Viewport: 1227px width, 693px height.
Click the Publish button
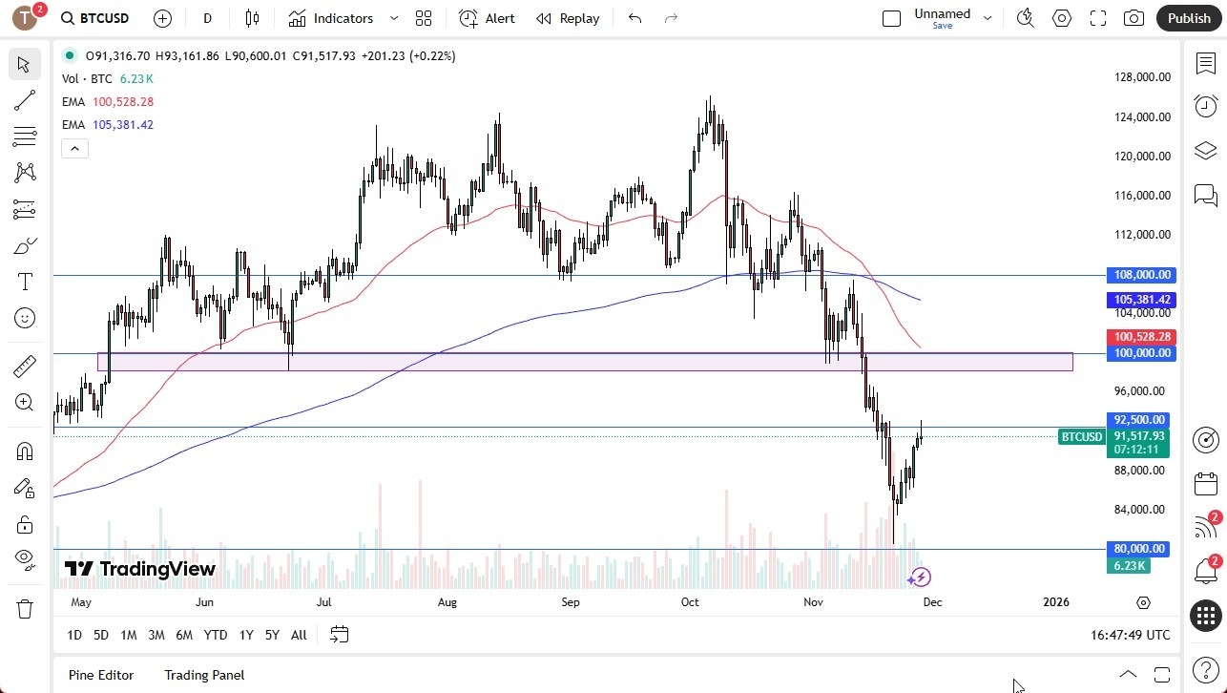tap(1188, 18)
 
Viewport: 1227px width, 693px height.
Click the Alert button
tap(488, 18)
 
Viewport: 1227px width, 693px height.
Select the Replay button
tap(568, 18)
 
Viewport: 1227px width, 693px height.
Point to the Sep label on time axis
tap(570, 602)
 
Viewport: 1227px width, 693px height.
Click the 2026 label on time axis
tap(1056, 602)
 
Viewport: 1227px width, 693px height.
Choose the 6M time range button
tap(184, 635)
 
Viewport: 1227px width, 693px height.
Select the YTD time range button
tap(216, 635)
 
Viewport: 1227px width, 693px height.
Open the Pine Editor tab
tap(101, 675)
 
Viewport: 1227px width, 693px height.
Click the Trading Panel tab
tap(204, 675)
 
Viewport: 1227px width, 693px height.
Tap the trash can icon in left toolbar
tap(25, 609)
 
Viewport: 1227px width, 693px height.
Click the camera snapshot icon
tap(1133, 18)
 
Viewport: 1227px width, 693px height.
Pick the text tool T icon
tap(25, 282)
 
